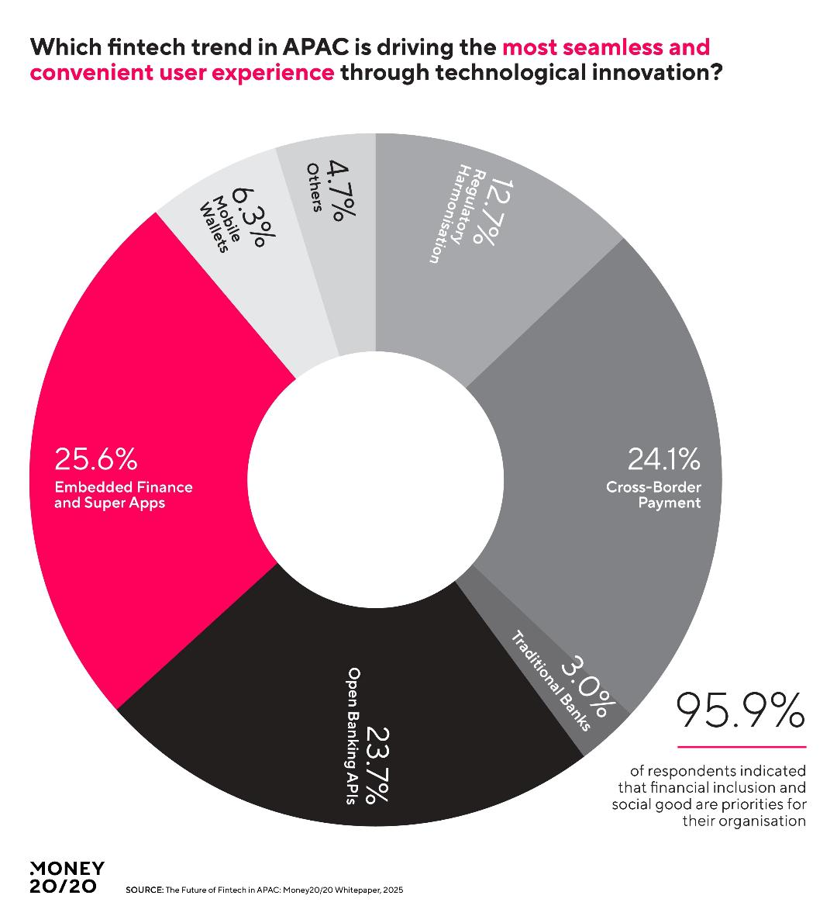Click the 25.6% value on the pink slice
[x=95, y=459]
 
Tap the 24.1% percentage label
[x=663, y=459]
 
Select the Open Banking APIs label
[x=353, y=736]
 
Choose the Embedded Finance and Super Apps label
[x=122, y=495]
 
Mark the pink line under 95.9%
[x=741, y=748]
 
